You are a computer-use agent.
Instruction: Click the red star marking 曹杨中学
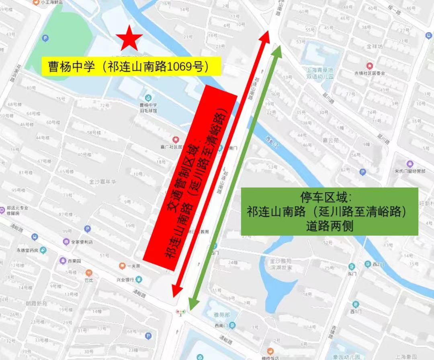(129, 38)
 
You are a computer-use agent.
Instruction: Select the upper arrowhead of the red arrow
(266, 36)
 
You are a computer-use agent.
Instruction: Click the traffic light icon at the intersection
(181, 311)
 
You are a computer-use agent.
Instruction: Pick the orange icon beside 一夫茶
(122, 266)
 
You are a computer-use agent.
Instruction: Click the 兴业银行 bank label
(125, 279)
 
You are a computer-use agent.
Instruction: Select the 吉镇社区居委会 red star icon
(369, 66)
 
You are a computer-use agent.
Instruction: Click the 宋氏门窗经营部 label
(409, 171)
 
